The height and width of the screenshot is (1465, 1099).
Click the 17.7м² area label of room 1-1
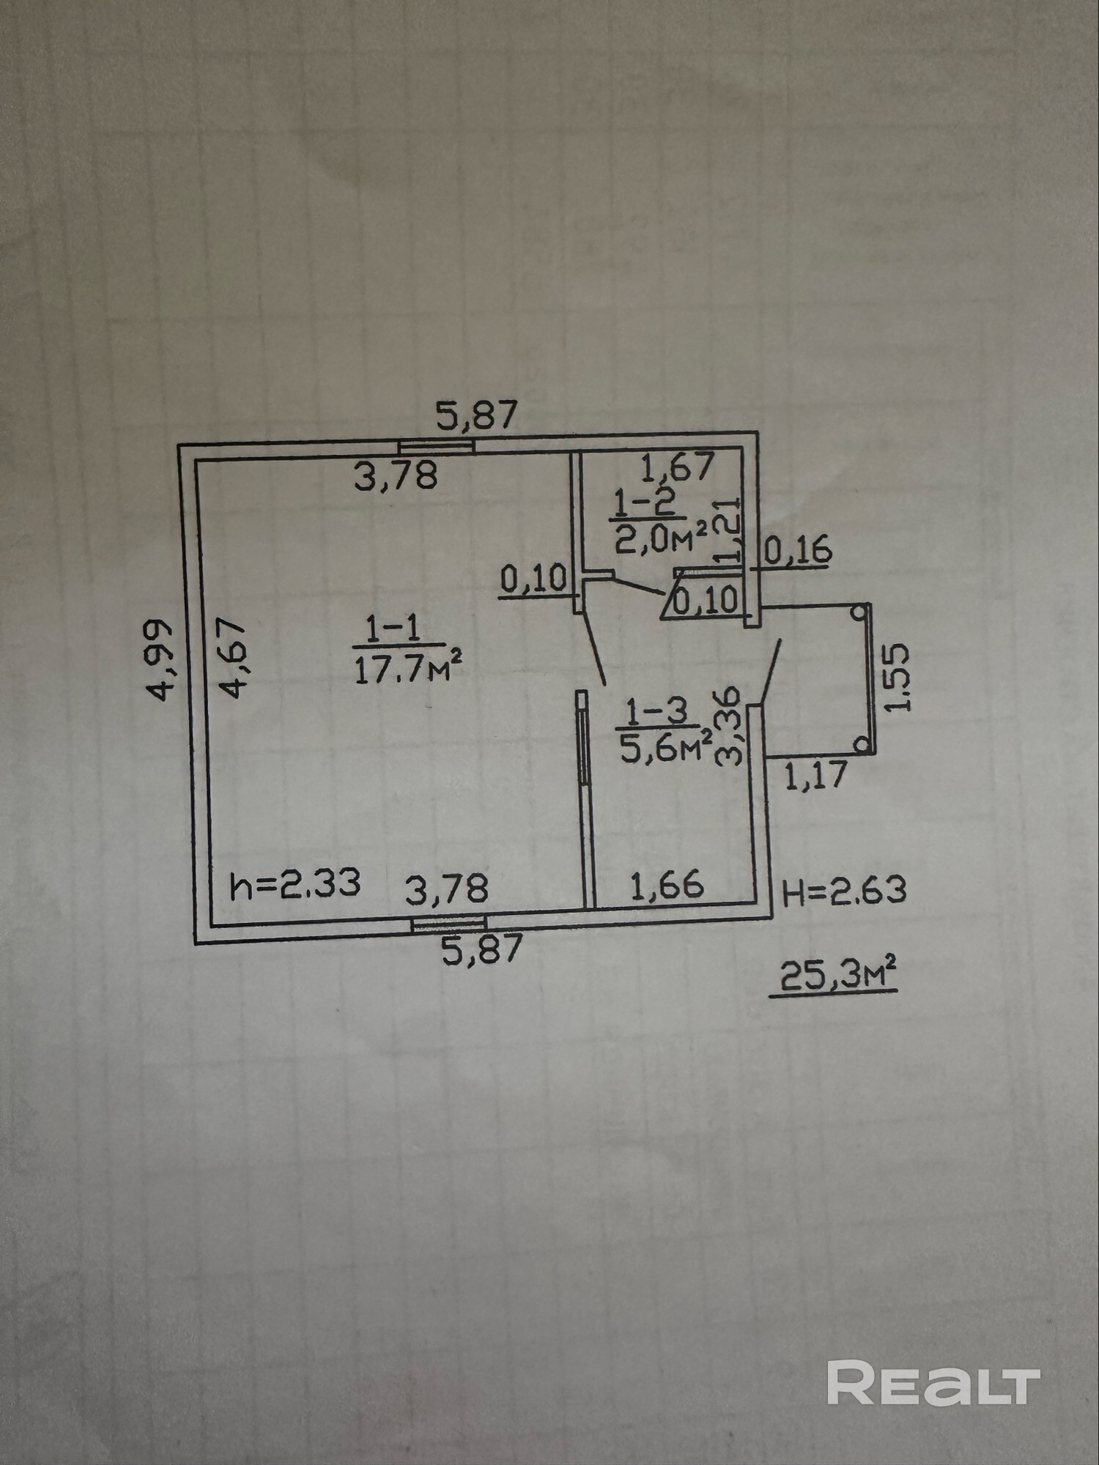[x=408, y=670]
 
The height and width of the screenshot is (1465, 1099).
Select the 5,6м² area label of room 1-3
[x=665, y=747]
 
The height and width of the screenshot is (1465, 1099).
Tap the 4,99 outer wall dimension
[x=161, y=660]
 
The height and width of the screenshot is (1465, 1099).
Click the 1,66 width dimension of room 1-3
[x=667, y=886]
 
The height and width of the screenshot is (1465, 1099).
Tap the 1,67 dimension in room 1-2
[x=677, y=467]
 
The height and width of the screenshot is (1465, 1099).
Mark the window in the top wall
[x=436, y=446]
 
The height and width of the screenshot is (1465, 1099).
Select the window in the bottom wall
[x=448, y=924]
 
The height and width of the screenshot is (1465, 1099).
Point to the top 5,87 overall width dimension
[x=477, y=417]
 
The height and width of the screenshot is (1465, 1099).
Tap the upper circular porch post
[x=859, y=612]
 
